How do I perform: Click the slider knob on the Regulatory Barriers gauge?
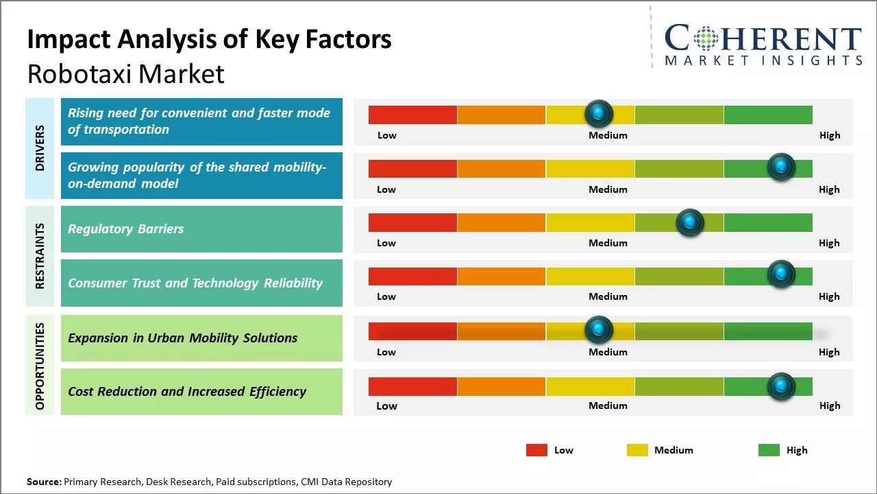(689, 222)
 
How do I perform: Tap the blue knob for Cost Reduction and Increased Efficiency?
(780, 386)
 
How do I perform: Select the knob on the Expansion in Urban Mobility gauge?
(598, 330)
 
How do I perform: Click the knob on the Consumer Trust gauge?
(780, 274)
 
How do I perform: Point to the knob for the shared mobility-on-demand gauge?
(780, 167)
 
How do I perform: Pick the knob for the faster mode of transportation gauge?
(598, 113)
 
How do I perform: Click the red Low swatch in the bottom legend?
(536, 450)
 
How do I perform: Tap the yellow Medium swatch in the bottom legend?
(637, 450)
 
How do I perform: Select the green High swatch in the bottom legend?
(769, 450)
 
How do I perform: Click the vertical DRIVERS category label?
(40, 148)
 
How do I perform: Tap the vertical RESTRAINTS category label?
(40, 255)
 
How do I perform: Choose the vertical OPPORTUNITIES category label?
(40, 366)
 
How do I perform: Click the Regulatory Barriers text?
(125, 229)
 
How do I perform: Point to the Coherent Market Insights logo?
(763, 45)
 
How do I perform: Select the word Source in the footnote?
(44, 482)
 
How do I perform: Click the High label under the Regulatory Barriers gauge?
(829, 243)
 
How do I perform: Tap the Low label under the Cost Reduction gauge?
(386, 405)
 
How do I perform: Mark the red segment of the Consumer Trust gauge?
(412, 277)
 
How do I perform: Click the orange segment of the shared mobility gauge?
(501, 169)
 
